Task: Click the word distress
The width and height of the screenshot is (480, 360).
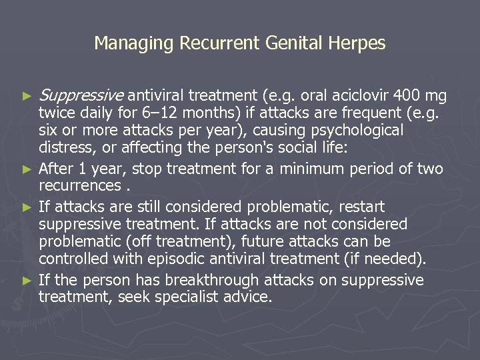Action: pos(65,147)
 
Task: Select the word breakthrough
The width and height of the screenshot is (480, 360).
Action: pos(229,280)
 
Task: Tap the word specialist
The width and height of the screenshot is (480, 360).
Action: pos(194,297)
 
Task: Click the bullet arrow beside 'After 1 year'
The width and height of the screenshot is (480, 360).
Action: pos(27,169)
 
